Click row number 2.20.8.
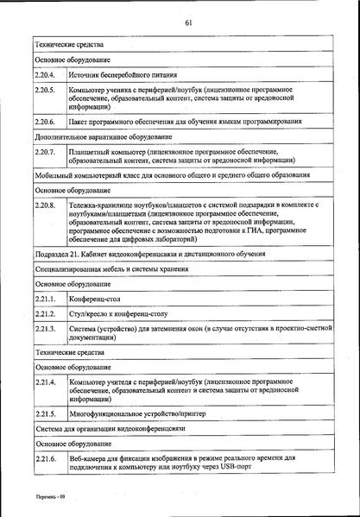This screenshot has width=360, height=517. tap(45, 205)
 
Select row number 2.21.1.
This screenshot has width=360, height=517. tap(45, 298)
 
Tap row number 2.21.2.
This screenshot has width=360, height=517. tap(45, 313)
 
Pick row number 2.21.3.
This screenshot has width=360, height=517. tap(45, 329)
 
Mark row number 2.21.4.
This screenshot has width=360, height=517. tap(45, 381)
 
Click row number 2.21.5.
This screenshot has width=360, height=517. tap(45, 413)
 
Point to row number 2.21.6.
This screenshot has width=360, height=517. tap(45, 458)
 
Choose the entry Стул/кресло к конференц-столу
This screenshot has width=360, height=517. tap(122, 313)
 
